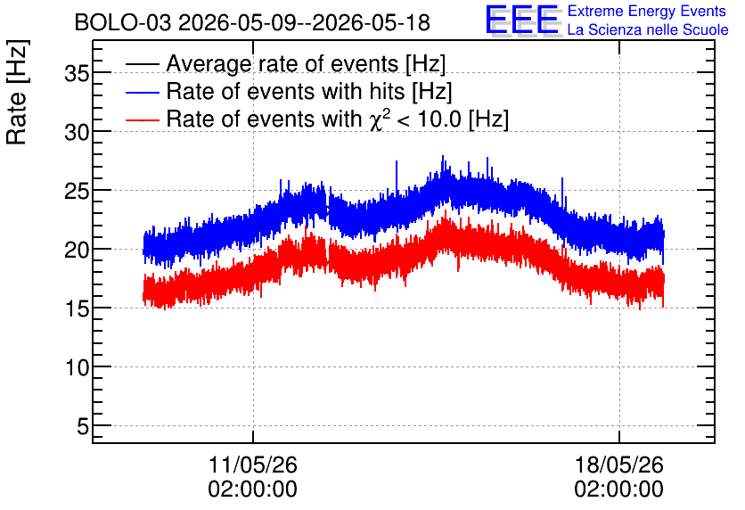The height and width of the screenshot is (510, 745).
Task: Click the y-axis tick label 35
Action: (x=77, y=74)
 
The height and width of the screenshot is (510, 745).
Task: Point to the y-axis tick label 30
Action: (x=77, y=133)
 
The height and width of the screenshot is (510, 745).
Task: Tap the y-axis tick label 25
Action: (x=77, y=192)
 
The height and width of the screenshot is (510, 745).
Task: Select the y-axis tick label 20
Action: (x=77, y=251)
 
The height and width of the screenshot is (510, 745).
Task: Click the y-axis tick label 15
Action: (x=77, y=309)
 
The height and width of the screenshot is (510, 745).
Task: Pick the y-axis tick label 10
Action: (x=77, y=368)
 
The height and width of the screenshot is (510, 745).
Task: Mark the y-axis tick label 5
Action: (x=83, y=427)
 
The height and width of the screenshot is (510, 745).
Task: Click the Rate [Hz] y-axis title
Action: (x=17, y=92)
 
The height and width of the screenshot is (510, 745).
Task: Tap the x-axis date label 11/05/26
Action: (x=253, y=465)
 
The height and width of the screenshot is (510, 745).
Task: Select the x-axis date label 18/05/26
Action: (x=619, y=465)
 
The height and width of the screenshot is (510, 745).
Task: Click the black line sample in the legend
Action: (x=142, y=64)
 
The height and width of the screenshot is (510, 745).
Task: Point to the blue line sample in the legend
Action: (x=142, y=92)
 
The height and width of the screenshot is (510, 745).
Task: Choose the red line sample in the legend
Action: (x=142, y=119)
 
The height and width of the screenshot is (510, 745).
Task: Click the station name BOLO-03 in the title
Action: (x=123, y=23)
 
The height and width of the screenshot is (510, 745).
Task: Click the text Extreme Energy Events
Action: (x=647, y=11)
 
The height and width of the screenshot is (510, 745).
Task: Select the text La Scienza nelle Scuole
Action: (x=648, y=29)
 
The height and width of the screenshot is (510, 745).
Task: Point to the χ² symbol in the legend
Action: (x=380, y=118)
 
